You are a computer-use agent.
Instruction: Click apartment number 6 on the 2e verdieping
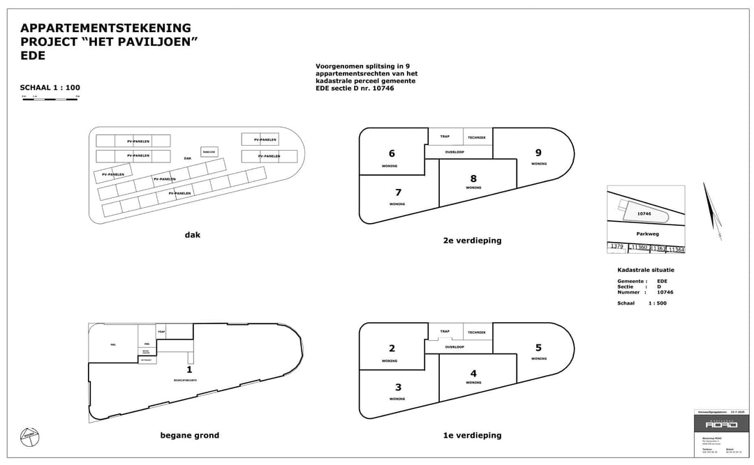pos(392,153)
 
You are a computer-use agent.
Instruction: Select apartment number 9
pos(538,153)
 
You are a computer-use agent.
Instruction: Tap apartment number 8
pos(473,178)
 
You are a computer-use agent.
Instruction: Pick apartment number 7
pos(398,192)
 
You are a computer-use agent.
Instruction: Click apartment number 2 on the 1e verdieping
pos(392,349)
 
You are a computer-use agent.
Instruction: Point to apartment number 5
pos(538,348)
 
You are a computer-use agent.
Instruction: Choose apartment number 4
pos(473,374)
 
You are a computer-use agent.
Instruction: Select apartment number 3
pos(398,388)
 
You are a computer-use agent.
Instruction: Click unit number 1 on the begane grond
pos(189,369)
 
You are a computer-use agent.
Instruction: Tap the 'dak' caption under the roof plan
pos(193,235)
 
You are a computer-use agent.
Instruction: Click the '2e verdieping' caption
pos(472,241)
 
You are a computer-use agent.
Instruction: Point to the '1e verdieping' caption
pos(472,436)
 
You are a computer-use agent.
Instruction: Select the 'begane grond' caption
pos(190,436)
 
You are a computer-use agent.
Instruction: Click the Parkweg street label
pos(647,234)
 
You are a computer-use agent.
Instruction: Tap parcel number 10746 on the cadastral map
pos(644,214)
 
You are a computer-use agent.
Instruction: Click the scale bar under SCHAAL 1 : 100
pos(50,99)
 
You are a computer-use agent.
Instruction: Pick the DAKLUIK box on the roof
pos(209,152)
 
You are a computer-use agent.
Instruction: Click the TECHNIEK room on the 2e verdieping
pos(477,137)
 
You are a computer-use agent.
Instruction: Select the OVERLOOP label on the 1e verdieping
pos(455,346)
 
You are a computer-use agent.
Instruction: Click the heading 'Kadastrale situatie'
pos(646,270)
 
